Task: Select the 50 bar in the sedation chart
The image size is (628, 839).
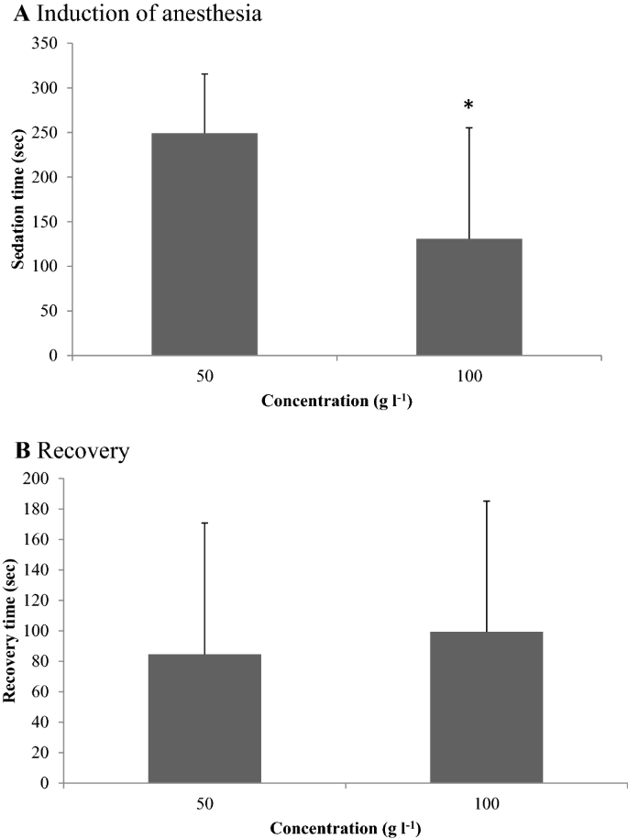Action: (204, 244)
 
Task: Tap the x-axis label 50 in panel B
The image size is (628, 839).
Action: (204, 804)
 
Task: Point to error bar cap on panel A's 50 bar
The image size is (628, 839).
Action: (204, 74)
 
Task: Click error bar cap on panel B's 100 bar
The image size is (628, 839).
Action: (486, 501)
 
